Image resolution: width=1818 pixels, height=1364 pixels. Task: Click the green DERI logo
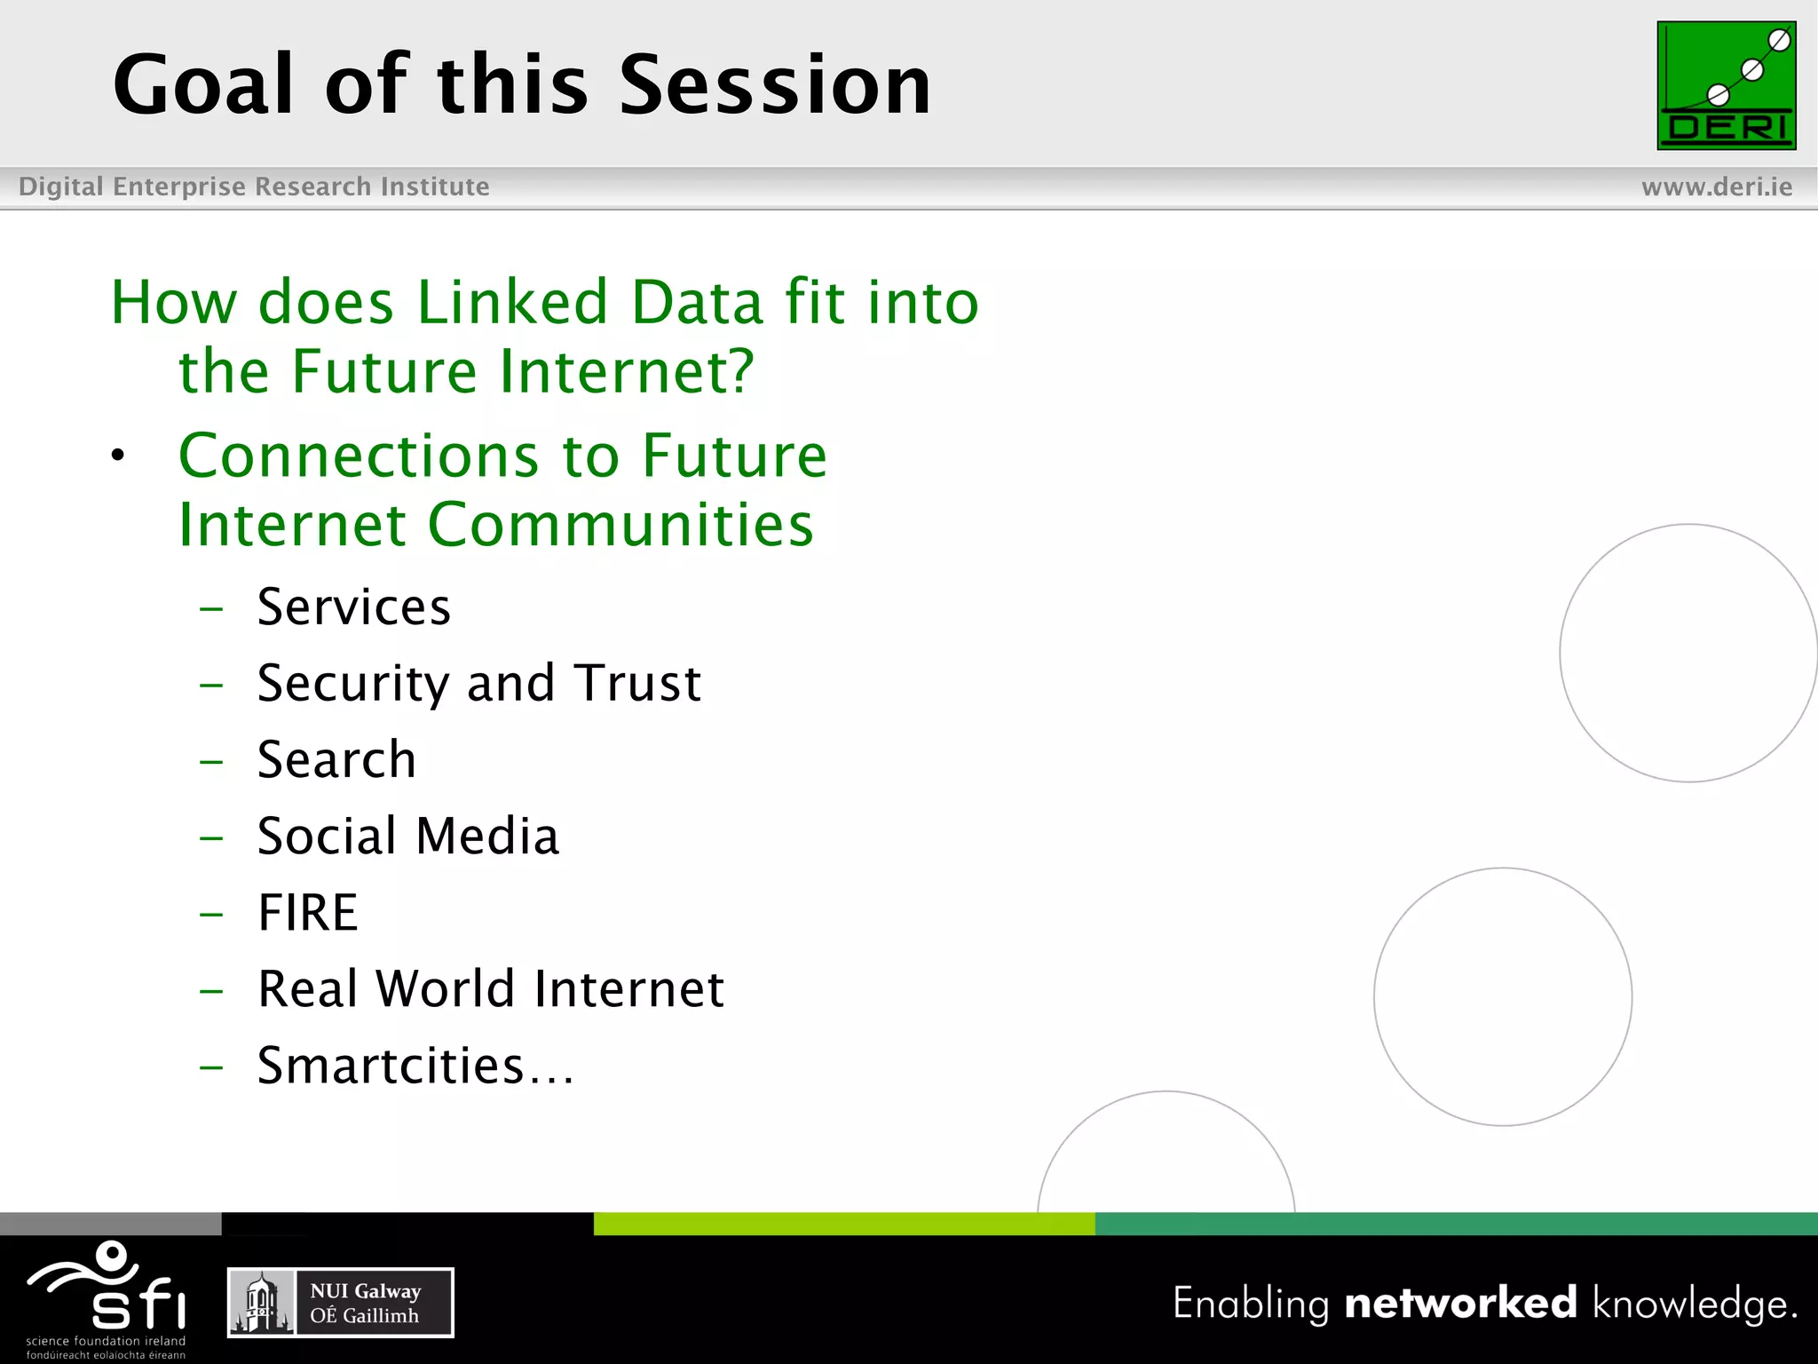click(1726, 85)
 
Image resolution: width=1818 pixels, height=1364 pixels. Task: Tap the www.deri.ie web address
click(1716, 186)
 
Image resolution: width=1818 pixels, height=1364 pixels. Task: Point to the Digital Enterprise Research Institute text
click(254, 186)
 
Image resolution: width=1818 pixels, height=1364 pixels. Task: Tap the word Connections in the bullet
click(359, 456)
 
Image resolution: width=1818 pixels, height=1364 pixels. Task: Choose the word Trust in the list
click(637, 683)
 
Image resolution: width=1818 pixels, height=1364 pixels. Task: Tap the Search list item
click(336, 759)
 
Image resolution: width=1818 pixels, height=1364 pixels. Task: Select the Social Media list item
click(407, 836)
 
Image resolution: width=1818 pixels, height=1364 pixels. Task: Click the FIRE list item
click(307, 912)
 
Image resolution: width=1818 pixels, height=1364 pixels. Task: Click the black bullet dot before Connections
click(118, 456)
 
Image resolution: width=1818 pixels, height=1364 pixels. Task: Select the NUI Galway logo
click(340, 1303)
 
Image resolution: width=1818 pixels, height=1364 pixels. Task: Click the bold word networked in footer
click(1460, 1303)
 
